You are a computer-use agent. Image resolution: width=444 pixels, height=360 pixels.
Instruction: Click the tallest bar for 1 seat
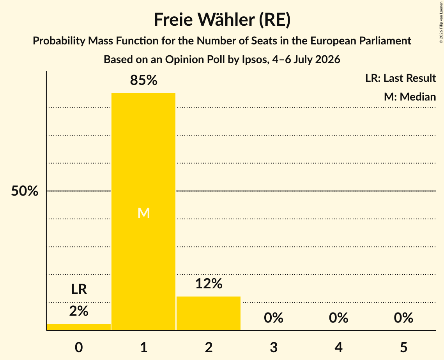143,212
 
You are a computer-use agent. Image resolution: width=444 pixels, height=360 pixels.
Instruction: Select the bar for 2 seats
209,313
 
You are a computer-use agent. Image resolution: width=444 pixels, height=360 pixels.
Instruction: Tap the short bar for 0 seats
79,327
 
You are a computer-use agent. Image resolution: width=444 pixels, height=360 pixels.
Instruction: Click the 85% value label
143,80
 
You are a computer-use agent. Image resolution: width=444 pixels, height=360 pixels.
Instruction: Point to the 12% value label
209,284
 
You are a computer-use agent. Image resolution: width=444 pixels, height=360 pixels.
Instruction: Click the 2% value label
79,311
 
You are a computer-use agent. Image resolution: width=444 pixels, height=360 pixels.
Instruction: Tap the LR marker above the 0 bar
79,289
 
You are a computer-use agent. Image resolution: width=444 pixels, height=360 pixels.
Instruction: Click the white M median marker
143,213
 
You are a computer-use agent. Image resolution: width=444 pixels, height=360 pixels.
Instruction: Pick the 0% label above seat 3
274,318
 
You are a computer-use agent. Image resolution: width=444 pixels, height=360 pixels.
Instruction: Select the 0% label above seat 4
339,318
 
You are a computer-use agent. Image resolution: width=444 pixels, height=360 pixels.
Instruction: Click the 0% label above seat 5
403,318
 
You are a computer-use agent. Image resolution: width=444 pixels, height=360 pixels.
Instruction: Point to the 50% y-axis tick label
25,191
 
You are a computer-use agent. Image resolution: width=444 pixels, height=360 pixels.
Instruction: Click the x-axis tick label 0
79,347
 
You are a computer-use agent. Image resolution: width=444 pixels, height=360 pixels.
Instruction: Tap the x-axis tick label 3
274,347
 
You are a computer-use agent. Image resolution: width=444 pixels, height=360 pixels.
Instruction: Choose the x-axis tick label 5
403,347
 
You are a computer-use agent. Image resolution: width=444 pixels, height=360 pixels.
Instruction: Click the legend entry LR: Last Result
400,78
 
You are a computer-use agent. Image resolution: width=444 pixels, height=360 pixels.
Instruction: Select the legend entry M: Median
410,97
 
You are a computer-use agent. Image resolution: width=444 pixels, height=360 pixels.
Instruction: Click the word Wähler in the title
226,19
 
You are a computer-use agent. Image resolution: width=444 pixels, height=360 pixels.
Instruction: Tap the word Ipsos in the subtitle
255,60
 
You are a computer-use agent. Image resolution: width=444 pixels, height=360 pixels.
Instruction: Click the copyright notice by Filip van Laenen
441,23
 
